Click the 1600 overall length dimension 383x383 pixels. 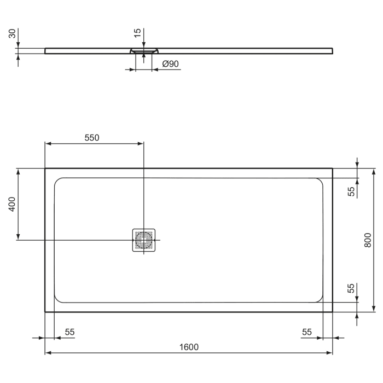coord(189,347)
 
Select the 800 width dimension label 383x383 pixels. coord(368,240)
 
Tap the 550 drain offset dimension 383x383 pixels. coord(91,138)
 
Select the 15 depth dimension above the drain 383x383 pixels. coord(138,33)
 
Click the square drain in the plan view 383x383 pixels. coord(144,240)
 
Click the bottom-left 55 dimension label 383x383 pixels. coord(70,332)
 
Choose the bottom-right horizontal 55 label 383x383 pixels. coord(306,332)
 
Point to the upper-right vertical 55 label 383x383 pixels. coord(352,190)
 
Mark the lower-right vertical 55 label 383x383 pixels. coord(352,289)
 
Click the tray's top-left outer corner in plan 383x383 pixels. coord(45,169)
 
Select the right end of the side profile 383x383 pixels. coord(332,51)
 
